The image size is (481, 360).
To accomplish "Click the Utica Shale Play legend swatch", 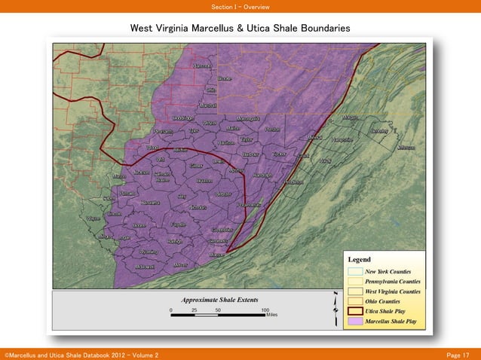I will (355, 310).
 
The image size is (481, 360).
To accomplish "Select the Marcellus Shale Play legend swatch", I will (355, 321).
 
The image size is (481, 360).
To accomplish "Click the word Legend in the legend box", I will (359, 259).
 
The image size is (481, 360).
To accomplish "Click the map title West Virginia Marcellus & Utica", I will (240, 28).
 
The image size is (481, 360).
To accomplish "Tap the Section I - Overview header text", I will (240, 8).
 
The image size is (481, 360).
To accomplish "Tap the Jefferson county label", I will (406, 148).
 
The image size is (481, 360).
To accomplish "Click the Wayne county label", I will (95, 218).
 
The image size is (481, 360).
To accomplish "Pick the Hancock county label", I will (201, 66).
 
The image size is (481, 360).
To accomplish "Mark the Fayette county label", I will (179, 224).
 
